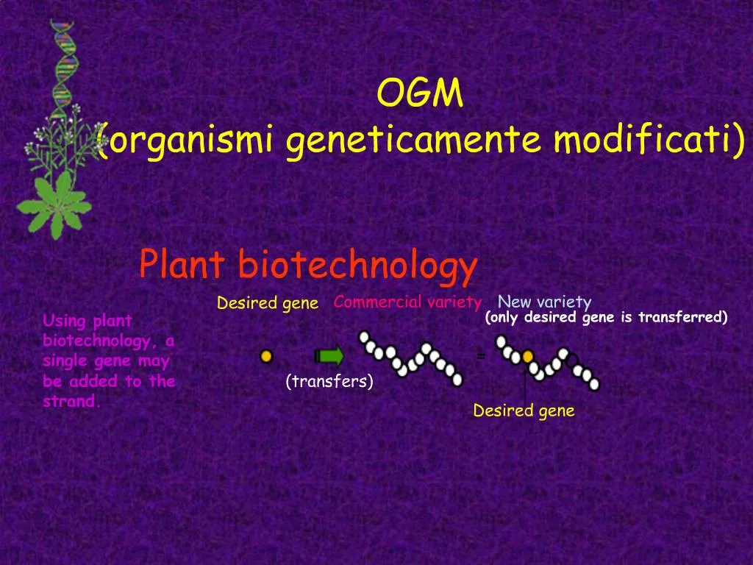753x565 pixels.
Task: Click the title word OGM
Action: coord(420,93)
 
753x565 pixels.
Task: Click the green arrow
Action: coord(329,357)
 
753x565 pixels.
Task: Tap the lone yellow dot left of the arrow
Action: coord(266,356)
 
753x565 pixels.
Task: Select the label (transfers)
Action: coord(329,381)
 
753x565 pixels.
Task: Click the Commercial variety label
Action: coord(407,302)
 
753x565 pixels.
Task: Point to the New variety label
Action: coord(544,302)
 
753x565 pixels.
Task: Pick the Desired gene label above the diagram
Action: coord(268,303)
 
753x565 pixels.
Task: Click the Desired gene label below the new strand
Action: coord(524,411)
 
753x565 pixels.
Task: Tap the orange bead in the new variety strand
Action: coord(527,358)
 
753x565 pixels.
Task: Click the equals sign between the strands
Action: coord(480,356)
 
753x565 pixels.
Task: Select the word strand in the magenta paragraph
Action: coord(71,402)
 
